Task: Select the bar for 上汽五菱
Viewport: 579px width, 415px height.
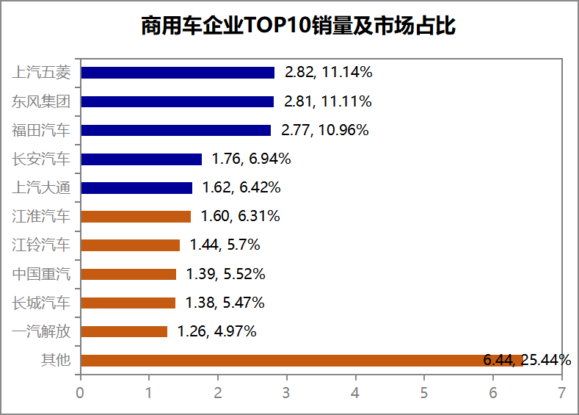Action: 178,73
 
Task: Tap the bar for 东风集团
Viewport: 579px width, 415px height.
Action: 177,101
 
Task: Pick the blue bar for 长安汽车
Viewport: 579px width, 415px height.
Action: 141,159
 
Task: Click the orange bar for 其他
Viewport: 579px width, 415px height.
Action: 301,360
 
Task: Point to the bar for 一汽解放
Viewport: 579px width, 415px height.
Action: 124,331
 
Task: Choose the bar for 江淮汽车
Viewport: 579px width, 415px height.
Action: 136,217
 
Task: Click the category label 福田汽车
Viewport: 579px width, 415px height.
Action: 41,131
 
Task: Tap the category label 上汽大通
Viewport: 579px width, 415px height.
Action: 41,188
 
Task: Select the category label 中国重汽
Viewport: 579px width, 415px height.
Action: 41,274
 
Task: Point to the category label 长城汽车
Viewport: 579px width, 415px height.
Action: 41,303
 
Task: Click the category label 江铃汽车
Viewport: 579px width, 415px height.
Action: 41,245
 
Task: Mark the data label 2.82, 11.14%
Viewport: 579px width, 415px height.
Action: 329,73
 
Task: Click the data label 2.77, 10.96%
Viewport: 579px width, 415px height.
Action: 324,131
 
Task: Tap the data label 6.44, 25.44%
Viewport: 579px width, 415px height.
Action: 527,360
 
